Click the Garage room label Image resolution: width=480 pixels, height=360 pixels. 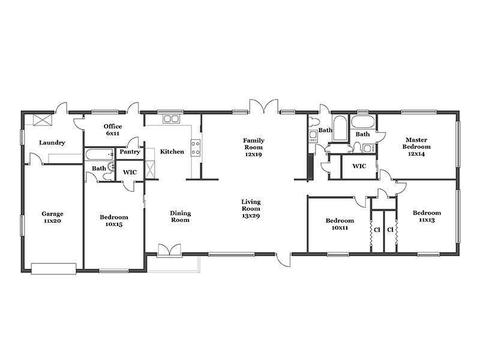[x=52, y=217]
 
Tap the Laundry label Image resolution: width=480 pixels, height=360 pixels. [x=52, y=142]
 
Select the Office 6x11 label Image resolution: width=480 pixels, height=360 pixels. [x=113, y=130]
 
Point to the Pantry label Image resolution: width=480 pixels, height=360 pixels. [x=130, y=152]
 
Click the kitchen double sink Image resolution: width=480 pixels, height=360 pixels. [x=171, y=119]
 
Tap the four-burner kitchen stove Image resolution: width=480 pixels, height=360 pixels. [x=196, y=148]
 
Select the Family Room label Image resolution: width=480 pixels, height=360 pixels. [x=253, y=147]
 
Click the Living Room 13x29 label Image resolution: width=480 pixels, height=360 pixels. [x=251, y=208]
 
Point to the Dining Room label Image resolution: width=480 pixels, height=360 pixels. [x=181, y=217]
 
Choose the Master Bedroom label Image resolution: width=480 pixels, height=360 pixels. [x=416, y=146]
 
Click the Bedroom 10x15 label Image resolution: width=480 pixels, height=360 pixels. [x=114, y=220]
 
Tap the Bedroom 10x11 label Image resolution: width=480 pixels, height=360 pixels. [x=340, y=224]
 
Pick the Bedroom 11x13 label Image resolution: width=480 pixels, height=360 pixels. [x=427, y=216]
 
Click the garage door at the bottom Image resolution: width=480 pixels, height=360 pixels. [x=53, y=268]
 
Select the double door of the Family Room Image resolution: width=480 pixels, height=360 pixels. [x=264, y=106]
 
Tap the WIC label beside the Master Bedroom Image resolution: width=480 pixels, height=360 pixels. [x=359, y=166]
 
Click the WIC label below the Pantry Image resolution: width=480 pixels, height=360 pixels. [x=130, y=172]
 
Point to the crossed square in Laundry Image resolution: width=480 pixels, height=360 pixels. [x=43, y=119]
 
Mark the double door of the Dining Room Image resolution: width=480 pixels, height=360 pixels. [x=169, y=250]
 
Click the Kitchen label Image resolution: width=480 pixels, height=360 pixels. [x=172, y=151]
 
